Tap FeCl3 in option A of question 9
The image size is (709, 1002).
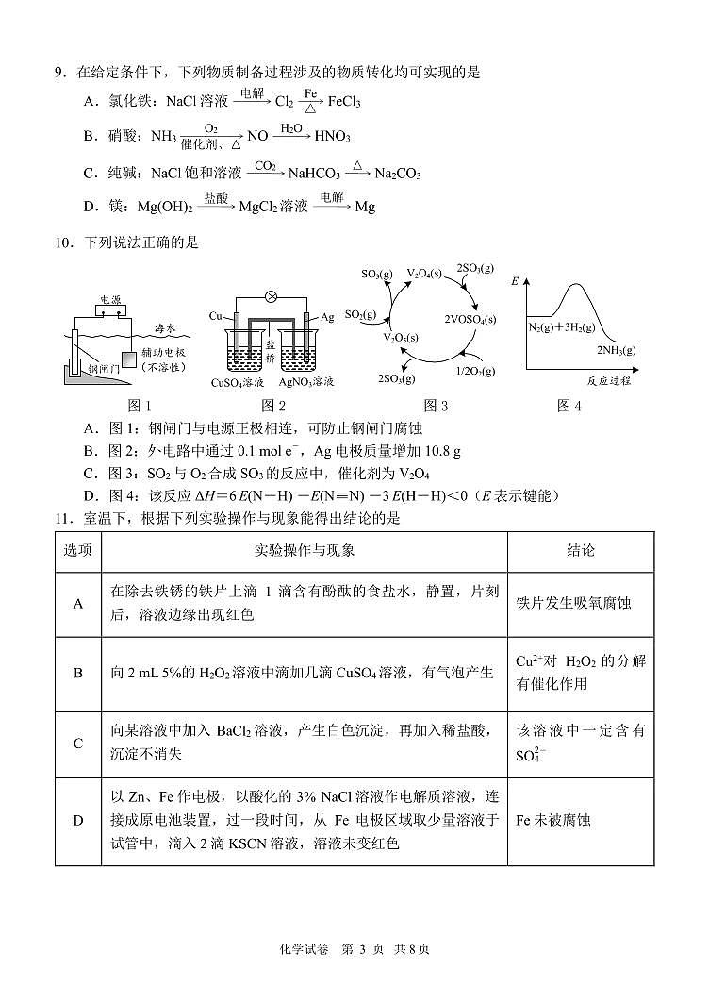coord(344,101)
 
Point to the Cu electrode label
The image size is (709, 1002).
coord(216,318)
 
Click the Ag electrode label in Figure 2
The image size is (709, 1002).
coord(326,318)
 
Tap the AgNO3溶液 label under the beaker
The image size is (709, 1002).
coord(305,383)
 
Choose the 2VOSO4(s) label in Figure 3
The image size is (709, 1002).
coord(464,320)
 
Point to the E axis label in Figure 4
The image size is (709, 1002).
coord(515,282)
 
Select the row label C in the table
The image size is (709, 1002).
coord(78,743)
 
